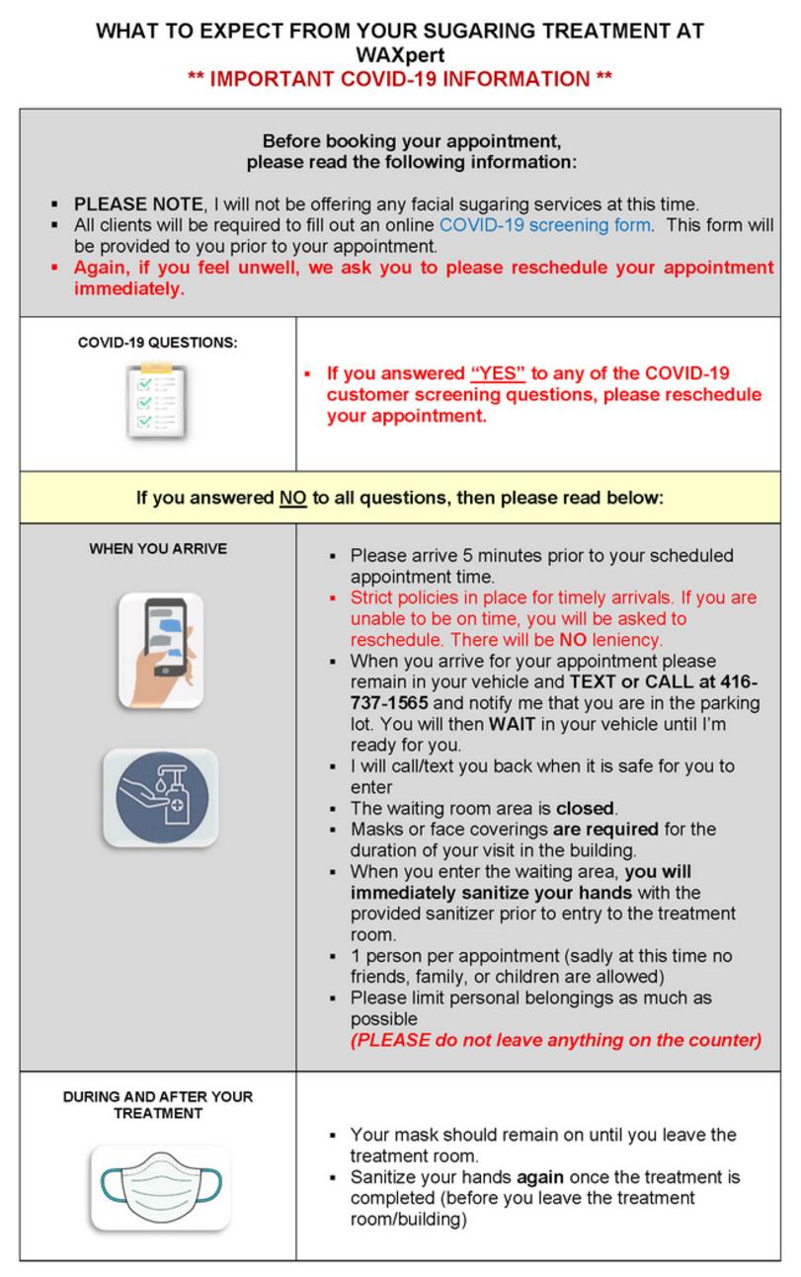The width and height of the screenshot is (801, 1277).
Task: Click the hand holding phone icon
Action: pos(160,650)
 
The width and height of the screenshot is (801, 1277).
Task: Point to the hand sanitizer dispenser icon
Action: pos(160,797)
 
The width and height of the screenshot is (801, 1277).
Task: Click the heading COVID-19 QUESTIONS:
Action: pos(158,344)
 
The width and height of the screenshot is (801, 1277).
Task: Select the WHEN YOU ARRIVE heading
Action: pos(158,548)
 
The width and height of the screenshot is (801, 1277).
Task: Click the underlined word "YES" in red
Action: pos(498,373)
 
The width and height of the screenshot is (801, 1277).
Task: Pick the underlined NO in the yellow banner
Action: pos(293,498)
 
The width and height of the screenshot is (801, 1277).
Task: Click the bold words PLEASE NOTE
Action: pos(138,204)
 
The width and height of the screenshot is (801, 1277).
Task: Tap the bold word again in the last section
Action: pos(544,1177)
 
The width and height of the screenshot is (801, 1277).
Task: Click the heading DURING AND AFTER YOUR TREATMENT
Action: pos(158,1105)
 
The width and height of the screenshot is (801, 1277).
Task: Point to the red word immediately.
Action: pos(128,289)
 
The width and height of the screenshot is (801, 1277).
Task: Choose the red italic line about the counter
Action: pos(556,1040)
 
